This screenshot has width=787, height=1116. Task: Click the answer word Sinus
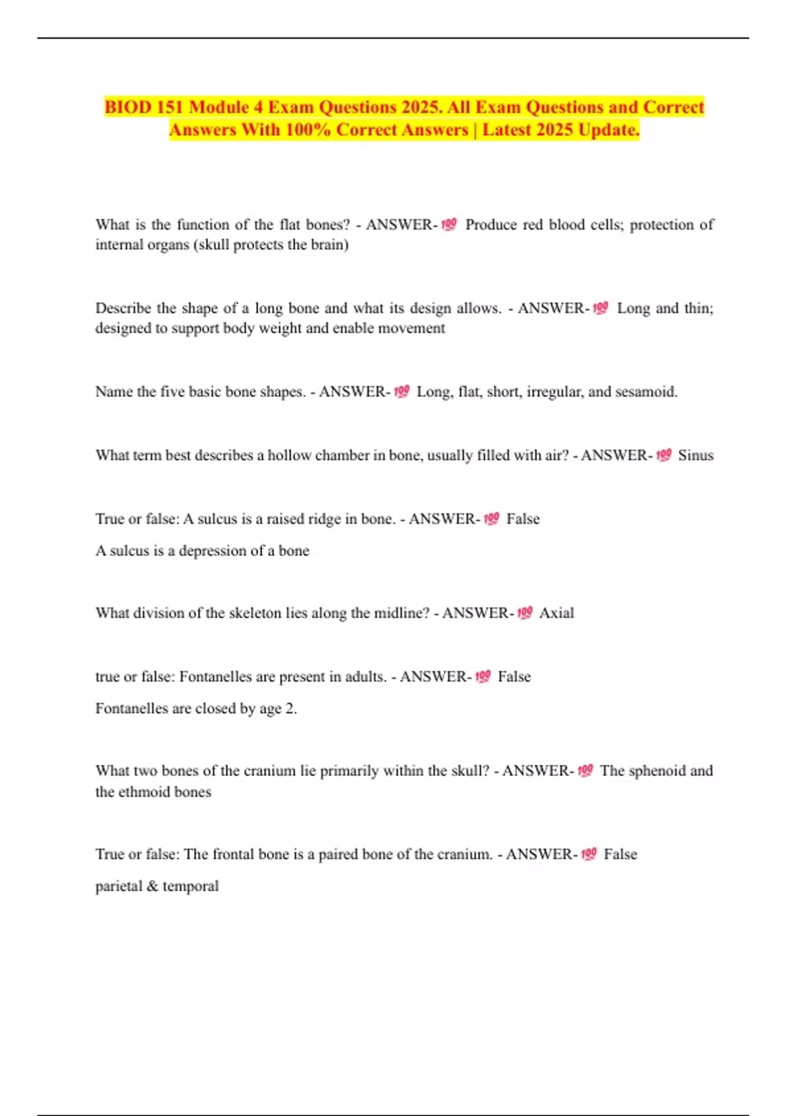(695, 455)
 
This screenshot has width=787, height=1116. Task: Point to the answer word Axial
(556, 612)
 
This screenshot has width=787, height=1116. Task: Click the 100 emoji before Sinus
(664, 455)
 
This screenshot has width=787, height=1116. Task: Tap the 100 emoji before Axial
(525, 612)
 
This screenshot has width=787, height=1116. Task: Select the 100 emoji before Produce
(449, 225)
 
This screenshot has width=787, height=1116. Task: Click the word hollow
(289, 455)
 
